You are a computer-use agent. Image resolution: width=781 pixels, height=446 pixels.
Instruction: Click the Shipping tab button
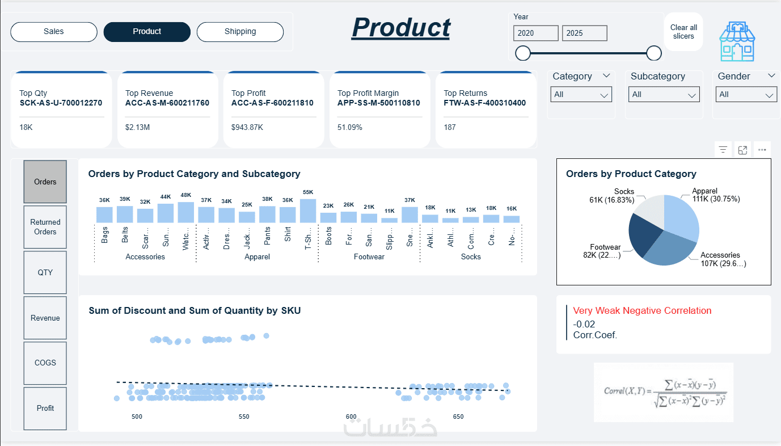point(240,32)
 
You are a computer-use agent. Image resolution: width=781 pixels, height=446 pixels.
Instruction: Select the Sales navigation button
point(54,32)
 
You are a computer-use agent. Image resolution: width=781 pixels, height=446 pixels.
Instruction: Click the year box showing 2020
point(535,33)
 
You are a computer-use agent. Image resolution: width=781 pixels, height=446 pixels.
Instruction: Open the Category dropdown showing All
point(581,95)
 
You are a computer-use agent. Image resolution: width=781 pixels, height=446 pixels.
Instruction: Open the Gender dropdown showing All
point(746,95)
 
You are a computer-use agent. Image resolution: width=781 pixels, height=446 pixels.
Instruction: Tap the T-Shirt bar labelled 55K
point(308,211)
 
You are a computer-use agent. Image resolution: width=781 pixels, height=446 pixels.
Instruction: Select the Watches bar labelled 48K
point(186,212)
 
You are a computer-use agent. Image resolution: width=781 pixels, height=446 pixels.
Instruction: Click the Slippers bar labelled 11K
point(390,220)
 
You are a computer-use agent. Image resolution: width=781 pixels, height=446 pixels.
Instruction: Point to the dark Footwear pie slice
point(644,235)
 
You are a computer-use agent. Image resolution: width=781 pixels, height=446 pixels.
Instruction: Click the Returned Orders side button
point(45,227)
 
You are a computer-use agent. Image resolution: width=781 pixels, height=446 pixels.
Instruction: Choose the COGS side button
point(45,363)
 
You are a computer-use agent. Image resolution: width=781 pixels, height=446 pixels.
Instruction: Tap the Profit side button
point(45,409)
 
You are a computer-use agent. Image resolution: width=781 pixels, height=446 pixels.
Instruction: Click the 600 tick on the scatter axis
point(351,416)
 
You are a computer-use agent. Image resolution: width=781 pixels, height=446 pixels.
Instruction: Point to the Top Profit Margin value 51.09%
point(350,128)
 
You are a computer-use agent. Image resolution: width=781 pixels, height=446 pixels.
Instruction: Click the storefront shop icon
point(737,41)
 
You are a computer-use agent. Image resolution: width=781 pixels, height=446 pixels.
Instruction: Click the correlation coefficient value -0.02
point(584,324)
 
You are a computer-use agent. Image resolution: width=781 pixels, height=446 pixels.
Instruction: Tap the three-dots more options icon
point(762,150)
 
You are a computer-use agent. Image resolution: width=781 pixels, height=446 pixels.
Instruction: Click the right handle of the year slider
point(654,53)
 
